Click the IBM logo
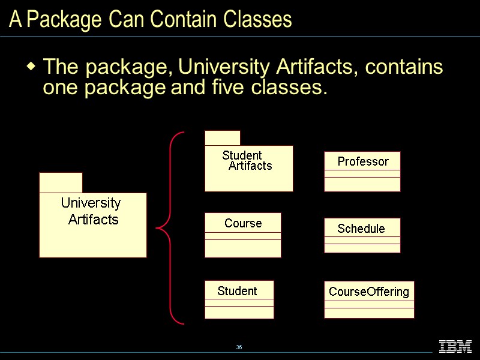pyautogui.click(x=455, y=346)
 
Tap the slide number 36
pyautogui.click(x=239, y=347)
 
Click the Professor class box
pyautogui.click(x=362, y=171)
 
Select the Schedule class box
pyautogui.click(x=362, y=235)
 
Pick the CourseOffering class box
pyautogui.click(x=369, y=299)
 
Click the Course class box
pyautogui.click(x=242, y=235)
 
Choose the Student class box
pyautogui.click(x=239, y=299)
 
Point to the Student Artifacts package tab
pyautogui.click(x=222, y=138)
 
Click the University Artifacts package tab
pyautogui.click(x=61, y=182)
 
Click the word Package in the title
pyautogui.click(x=64, y=20)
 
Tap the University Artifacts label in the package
pyautogui.click(x=92, y=211)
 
